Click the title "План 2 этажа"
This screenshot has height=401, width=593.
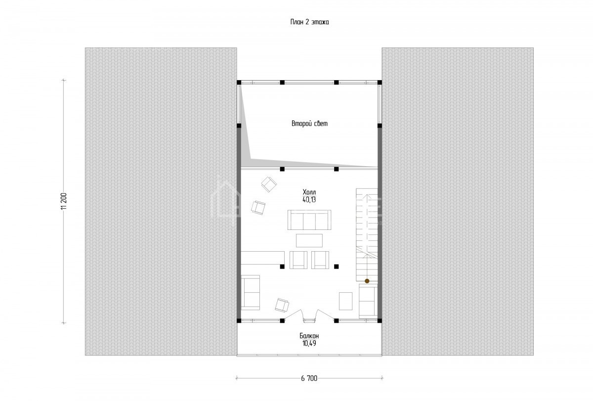tap(309, 22)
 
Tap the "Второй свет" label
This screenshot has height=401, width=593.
tap(309, 124)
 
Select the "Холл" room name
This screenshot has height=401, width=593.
tap(309, 192)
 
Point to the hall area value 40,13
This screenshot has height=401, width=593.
tap(309, 200)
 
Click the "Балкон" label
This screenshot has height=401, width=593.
tap(309, 336)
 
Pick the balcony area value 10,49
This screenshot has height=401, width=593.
tap(309, 344)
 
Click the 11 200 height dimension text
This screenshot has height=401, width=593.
tap(64, 202)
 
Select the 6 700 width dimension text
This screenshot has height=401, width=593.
tap(309, 378)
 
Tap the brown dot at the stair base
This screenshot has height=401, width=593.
tap(367, 281)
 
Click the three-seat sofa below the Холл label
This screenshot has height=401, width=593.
tap(309, 220)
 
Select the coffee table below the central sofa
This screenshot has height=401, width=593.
tap(309, 240)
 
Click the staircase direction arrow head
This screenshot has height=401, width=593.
tap(367, 196)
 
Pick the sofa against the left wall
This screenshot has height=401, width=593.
tap(250, 292)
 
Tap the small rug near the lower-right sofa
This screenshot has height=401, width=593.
tap(346, 301)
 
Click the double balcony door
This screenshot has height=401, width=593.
tap(309, 315)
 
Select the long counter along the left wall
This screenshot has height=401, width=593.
tap(262, 258)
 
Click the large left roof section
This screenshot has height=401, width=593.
tap(161, 202)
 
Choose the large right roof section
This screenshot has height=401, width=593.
tap(458, 202)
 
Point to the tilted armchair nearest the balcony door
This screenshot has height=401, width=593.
tap(282, 306)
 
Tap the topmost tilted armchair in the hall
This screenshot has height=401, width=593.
tap(269, 184)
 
